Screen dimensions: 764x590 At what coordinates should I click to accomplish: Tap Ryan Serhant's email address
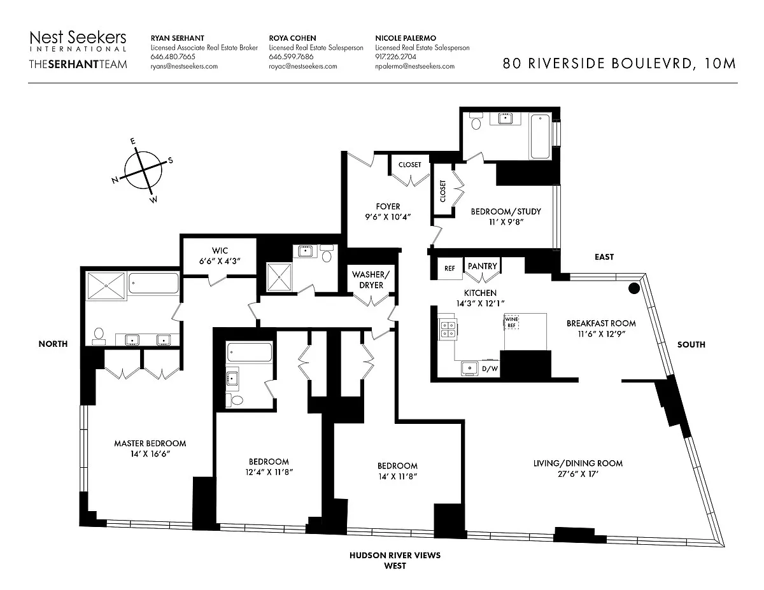pyautogui.click(x=184, y=66)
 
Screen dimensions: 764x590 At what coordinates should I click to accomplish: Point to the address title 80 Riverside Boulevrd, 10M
pyautogui.click(x=619, y=63)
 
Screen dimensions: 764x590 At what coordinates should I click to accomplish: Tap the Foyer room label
pyautogui.click(x=388, y=206)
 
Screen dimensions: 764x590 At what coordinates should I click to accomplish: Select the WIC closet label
pyautogui.click(x=219, y=250)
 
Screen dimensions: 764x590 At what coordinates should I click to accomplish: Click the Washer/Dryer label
pyautogui.click(x=371, y=279)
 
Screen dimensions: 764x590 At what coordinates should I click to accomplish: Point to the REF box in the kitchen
pyautogui.click(x=450, y=269)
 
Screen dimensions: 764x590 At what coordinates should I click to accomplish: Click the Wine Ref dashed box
pyautogui.click(x=512, y=321)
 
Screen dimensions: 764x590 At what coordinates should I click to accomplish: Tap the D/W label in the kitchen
pyautogui.click(x=490, y=369)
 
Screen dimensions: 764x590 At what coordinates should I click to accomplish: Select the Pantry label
pyautogui.click(x=482, y=266)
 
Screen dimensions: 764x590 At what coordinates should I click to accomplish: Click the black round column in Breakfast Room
pyautogui.click(x=634, y=288)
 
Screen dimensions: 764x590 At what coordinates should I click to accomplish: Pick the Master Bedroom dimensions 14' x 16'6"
pyautogui.click(x=150, y=454)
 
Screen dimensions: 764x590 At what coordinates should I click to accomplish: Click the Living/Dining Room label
pyautogui.click(x=577, y=463)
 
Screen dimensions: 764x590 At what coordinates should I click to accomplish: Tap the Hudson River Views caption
pyautogui.click(x=395, y=555)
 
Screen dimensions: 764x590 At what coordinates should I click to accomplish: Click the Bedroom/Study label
pyautogui.click(x=506, y=211)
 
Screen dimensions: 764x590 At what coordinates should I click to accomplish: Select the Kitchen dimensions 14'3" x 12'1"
pyautogui.click(x=481, y=304)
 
